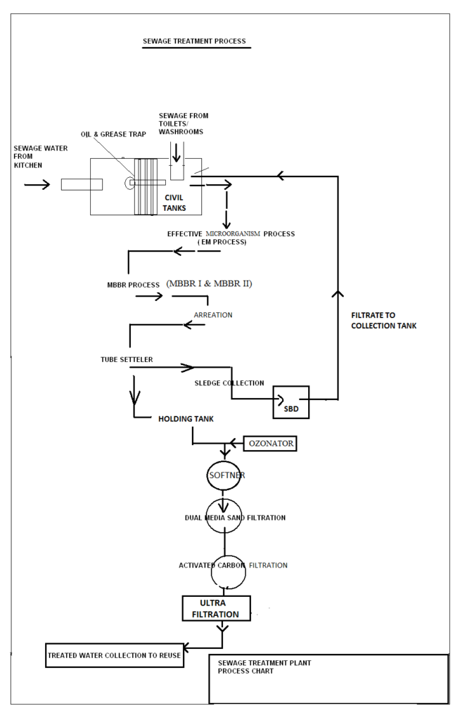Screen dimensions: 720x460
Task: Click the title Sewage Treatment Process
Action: tap(194, 41)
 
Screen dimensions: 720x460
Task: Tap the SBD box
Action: tap(291, 403)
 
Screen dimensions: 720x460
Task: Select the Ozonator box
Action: tap(270, 444)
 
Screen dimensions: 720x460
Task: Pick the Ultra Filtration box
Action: tap(215, 609)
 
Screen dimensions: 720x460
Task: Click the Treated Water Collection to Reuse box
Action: tap(114, 655)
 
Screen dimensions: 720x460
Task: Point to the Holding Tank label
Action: tap(186, 419)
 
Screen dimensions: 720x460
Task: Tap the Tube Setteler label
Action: tap(127, 360)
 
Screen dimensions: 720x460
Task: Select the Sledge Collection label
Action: tap(229, 383)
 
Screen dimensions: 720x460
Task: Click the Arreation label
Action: tap(212, 315)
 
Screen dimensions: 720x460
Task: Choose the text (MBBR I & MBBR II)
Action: tap(209, 283)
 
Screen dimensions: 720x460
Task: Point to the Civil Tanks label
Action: tap(174, 202)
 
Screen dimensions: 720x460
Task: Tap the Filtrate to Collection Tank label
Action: tap(383, 321)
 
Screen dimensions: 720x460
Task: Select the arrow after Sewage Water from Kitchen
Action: tap(37, 185)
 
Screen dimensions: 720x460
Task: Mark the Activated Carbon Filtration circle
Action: tap(229, 572)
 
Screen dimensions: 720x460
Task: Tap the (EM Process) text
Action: tap(222, 243)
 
